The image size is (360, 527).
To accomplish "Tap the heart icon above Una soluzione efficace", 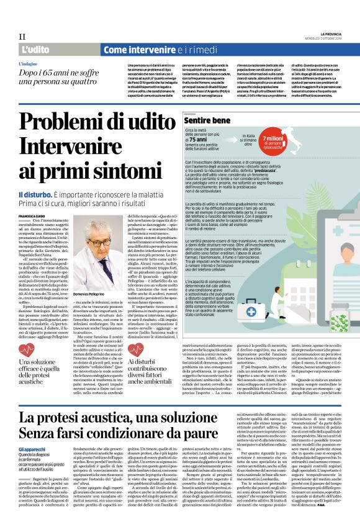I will pyautogui.click(x=27, y=349).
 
